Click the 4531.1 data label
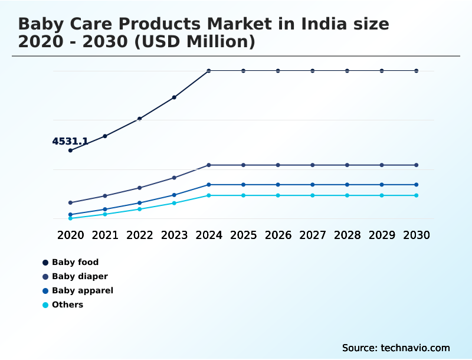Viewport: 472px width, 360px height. (70, 142)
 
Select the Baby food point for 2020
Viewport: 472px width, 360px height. (70, 150)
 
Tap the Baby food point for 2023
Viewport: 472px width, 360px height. (174, 97)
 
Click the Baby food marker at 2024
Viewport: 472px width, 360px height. (209, 71)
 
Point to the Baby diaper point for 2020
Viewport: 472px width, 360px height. (70, 202)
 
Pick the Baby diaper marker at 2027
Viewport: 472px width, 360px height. (313, 165)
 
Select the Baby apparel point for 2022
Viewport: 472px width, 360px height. (140, 203)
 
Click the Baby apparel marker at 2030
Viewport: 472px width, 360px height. (417, 185)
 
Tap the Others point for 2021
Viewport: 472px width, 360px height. (105, 214)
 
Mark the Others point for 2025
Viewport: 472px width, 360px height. (243, 195)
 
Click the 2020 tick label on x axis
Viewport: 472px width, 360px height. (70, 235)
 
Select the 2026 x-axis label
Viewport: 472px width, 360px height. (278, 235)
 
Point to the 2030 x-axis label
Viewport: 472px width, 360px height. (417, 235)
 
